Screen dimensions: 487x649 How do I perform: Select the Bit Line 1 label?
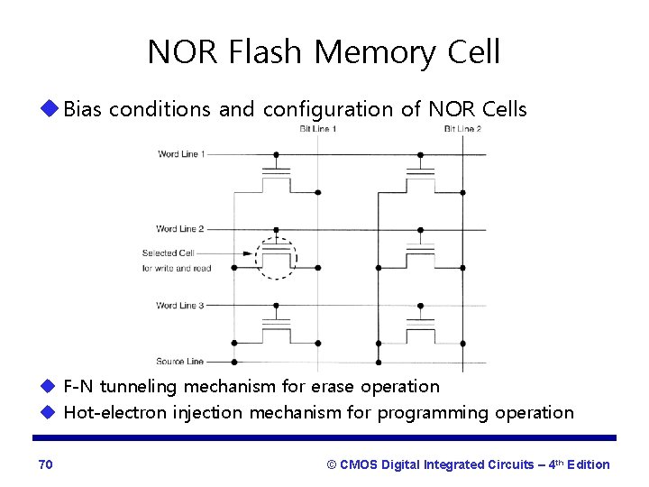pos(318,129)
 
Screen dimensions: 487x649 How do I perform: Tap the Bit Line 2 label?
pos(462,129)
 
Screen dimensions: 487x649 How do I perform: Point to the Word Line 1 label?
pos(181,154)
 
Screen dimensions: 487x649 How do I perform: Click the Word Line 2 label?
pos(179,229)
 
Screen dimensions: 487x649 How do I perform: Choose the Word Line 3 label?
pos(179,306)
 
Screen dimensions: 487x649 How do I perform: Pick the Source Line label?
pos(180,362)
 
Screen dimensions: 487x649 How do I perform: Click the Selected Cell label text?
pos(168,253)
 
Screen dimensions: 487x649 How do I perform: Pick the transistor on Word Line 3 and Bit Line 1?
pos(279,329)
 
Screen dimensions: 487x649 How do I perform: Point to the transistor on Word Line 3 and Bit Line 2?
pos(418,329)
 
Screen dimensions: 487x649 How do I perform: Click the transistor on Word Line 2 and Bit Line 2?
pos(418,253)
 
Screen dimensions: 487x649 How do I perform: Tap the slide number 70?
pos(46,464)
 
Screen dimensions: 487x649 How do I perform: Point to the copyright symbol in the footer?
pos(332,464)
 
